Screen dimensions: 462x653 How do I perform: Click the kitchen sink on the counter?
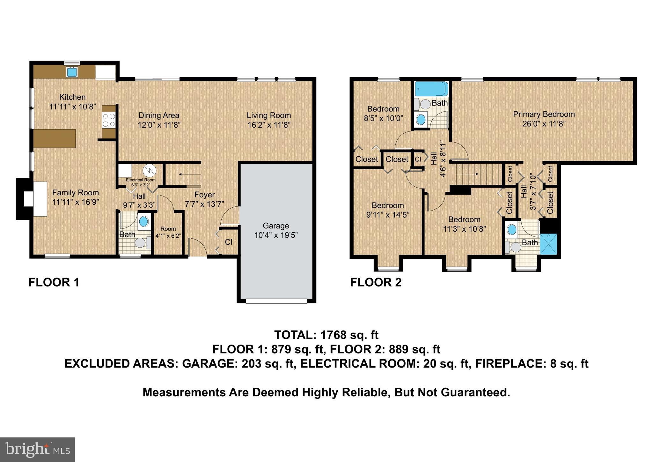pos(72,72)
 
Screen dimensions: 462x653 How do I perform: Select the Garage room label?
pos(275,226)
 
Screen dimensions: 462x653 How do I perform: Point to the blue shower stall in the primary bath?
pos(548,244)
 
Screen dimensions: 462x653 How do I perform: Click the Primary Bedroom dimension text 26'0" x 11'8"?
pos(544,124)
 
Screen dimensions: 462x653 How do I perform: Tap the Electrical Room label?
pos(141,180)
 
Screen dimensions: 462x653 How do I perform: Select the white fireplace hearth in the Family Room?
pos(40,199)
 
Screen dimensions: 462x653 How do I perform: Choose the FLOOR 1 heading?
pos(54,282)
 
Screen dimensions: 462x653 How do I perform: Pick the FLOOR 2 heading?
pos(376,282)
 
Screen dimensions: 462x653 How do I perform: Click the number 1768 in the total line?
pos(333,335)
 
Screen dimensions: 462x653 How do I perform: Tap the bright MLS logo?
pos(37,450)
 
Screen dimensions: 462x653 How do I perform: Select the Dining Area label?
pos(159,115)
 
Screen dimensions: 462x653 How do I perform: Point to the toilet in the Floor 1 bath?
pos(141,243)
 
